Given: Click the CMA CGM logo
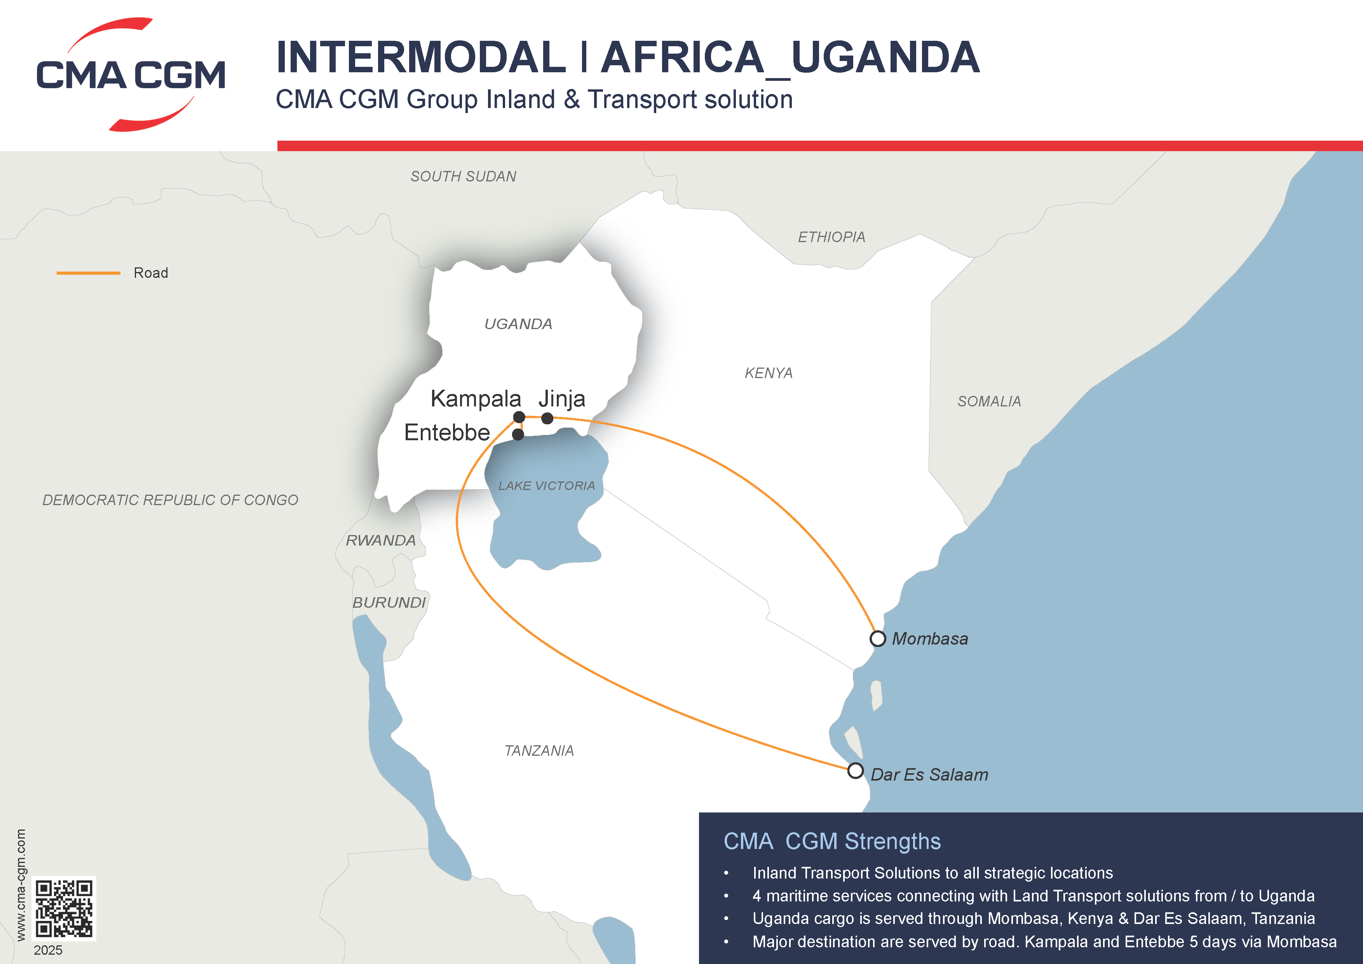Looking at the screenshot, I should (x=131, y=75).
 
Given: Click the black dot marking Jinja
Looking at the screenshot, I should (x=547, y=418).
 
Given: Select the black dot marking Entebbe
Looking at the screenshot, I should (x=518, y=434).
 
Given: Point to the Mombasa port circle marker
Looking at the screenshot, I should (x=877, y=639).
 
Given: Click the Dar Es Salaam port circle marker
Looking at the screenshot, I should (x=855, y=771).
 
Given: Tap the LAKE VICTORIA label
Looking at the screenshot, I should (x=546, y=486).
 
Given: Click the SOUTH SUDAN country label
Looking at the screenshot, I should (x=463, y=176).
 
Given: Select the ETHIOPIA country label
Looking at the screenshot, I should (x=831, y=237).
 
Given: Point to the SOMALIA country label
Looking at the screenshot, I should (x=989, y=401).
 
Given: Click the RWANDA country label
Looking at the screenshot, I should (x=380, y=540).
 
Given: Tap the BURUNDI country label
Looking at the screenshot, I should (x=389, y=603).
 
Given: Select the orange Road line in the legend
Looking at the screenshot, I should (x=89, y=273).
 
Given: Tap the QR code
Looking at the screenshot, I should (x=63, y=908).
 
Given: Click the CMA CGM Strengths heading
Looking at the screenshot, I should (x=832, y=841).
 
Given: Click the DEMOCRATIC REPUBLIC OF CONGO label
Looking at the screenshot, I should (x=170, y=500).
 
